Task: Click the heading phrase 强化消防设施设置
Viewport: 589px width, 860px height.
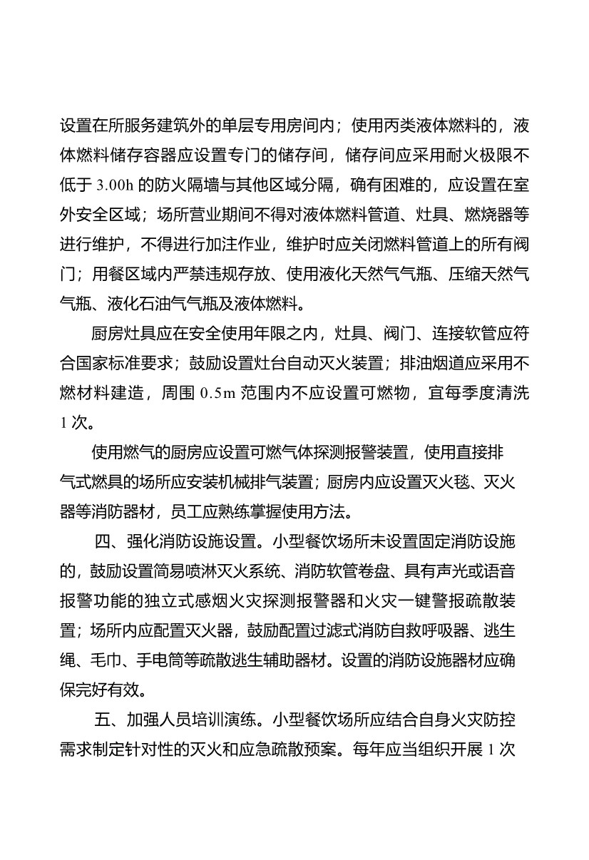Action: [x=194, y=540]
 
